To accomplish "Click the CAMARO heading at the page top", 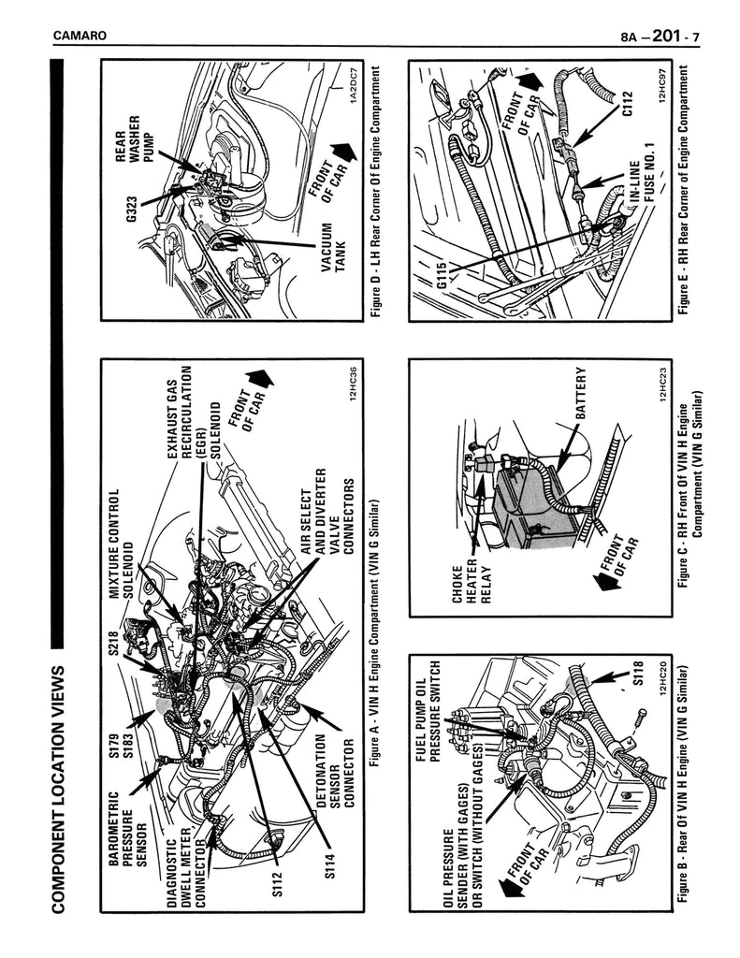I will pos(80,36).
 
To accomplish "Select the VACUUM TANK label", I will pos(333,249).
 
